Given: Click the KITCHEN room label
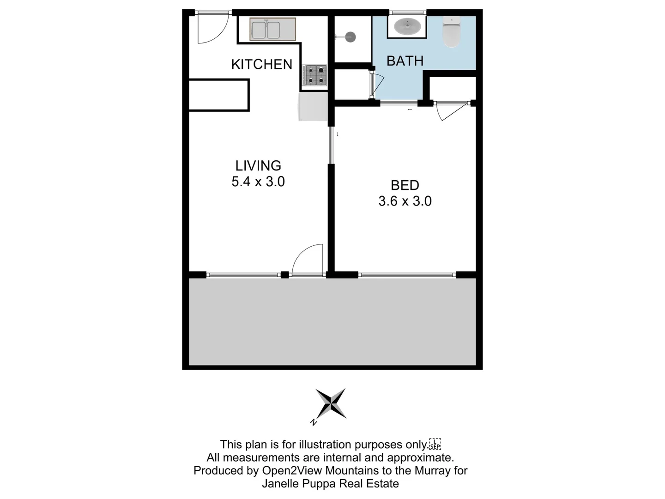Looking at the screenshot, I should (x=261, y=64).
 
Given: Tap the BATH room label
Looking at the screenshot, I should (x=405, y=61).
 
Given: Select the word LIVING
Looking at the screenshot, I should (x=258, y=165).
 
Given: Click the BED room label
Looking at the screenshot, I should (x=405, y=185).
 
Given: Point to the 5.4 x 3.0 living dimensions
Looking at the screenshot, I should (x=258, y=182).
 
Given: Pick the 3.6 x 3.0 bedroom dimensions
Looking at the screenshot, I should (x=405, y=201).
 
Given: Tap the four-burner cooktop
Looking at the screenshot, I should (x=314, y=75).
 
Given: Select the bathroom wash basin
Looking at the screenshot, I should (x=407, y=26).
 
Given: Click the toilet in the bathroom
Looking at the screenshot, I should (x=451, y=31).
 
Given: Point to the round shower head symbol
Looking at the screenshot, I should (x=351, y=37).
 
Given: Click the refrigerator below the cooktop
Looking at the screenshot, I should (x=313, y=107).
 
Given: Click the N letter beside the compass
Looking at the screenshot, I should (x=314, y=422).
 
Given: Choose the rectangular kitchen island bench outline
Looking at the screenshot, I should (x=219, y=95).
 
